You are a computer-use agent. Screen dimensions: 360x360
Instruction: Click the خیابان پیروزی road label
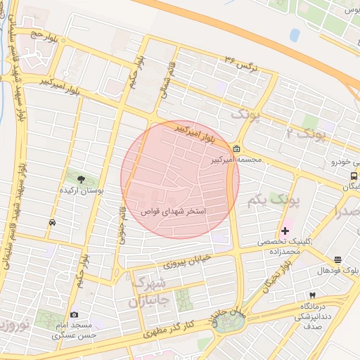tap(187, 261)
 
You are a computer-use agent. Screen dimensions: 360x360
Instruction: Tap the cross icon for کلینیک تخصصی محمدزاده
tap(285, 231)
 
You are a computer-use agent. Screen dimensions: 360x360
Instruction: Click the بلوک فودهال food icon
tap(338, 260)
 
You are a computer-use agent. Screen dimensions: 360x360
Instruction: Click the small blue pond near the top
tap(294, 34)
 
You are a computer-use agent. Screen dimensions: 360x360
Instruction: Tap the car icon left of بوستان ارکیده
tap(53, 222)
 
